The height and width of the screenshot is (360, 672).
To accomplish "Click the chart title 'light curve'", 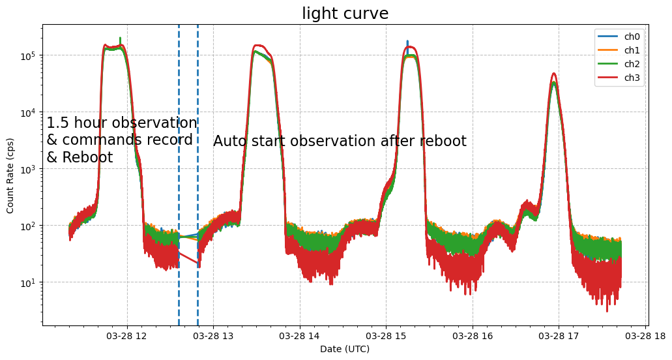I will (345, 14).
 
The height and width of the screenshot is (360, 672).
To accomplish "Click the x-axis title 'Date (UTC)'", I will (345, 349).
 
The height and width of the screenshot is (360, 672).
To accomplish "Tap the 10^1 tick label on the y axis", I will (30, 282).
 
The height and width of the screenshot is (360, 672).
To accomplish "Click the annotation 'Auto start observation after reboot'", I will (340, 142).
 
